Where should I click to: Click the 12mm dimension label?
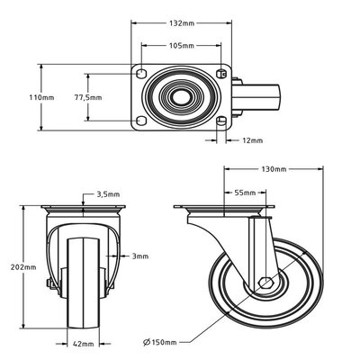253,140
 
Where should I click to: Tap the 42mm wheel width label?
84,344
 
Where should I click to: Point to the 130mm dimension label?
274,169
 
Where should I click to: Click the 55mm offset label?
243,193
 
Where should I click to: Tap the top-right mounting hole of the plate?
221,71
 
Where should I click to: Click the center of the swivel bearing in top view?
183,96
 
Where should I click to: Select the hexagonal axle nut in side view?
264,283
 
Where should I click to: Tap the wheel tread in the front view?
84,288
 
